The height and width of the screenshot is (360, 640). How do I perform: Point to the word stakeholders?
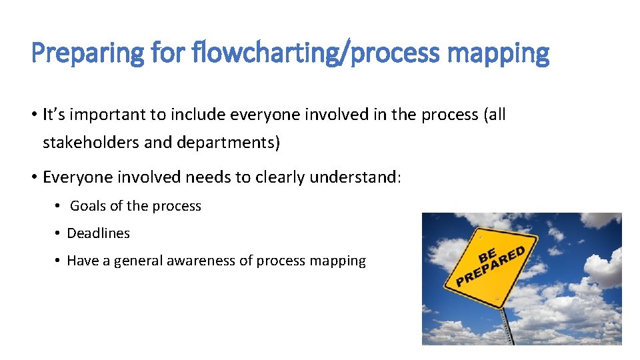[88, 142]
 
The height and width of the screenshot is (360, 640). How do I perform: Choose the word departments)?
[229, 142]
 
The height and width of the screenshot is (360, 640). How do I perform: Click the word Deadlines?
[99, 233]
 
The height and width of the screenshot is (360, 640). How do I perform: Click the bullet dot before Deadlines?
[59, 233]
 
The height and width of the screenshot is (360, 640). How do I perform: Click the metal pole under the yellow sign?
[508, 327]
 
